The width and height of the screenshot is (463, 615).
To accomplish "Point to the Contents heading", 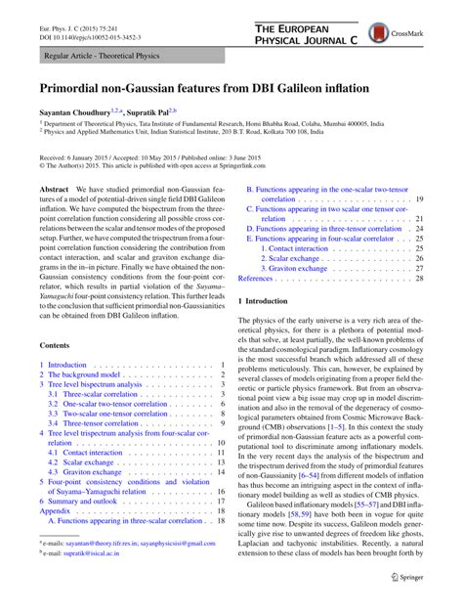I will point(56,345).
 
